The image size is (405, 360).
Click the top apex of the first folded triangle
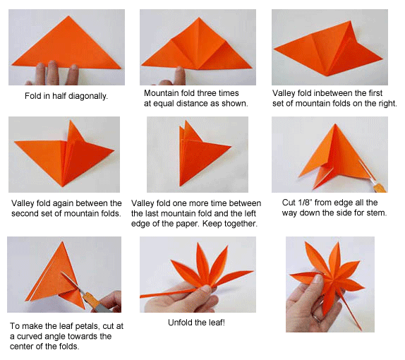tap(68, 16)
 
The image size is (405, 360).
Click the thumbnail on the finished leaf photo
tap(318, 279)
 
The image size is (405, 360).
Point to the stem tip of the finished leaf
tap(361, 330)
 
